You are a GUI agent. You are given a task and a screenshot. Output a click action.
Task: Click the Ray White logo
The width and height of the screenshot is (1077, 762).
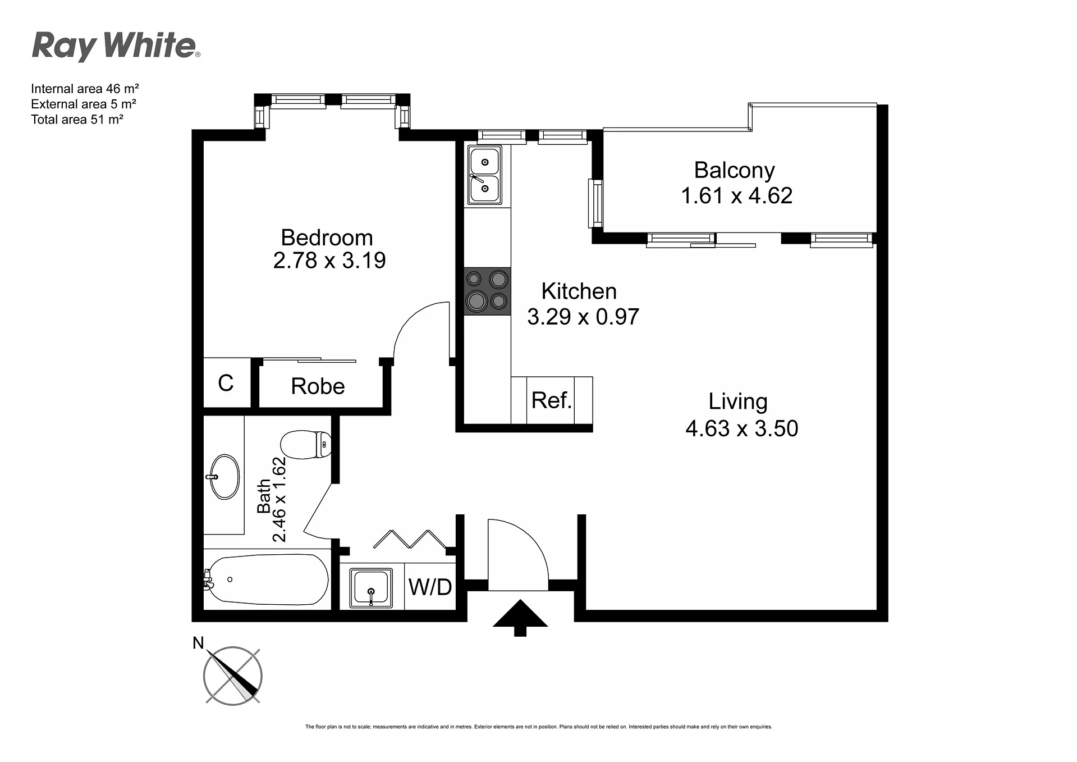(116, 46)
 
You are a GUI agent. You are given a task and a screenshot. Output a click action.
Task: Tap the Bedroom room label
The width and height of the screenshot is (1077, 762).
(327, 238)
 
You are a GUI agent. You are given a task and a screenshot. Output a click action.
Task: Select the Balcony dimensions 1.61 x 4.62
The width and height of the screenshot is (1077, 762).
(736, 195)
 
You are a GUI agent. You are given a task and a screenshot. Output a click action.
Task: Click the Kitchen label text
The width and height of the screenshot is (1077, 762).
(579, 291)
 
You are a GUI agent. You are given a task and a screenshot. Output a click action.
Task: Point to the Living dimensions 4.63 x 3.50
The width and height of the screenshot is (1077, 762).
(741, 428)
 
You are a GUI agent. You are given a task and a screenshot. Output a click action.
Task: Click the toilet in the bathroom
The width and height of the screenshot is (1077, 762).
(306, 444)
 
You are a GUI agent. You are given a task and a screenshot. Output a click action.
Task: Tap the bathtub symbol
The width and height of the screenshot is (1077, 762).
(266, 580)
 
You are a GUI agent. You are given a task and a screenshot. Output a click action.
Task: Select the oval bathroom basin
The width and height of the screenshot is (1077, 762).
(224, 477)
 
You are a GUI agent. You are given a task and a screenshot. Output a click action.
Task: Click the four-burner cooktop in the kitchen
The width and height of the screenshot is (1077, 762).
(487, 291)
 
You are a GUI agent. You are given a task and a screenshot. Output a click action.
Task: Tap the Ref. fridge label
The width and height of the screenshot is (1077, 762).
(551, 400)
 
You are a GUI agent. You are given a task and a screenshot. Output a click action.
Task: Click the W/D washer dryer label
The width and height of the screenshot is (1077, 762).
(430, 587)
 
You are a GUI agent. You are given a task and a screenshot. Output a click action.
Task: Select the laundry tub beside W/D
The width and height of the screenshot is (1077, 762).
(371, 588)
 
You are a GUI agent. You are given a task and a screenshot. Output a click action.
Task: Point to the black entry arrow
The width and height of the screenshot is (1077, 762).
(520, 617)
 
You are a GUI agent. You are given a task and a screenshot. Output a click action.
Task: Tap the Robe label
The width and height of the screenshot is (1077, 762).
(318, 386)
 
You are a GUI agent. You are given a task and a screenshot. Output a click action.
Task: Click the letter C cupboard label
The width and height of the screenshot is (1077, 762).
(226, 383)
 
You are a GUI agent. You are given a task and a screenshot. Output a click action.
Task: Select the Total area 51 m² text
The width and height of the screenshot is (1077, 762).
(77, 119)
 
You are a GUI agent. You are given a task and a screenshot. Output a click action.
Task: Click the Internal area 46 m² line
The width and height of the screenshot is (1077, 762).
(85, 89)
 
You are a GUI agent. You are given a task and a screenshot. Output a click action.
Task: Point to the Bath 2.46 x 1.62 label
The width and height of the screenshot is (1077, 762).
(272, 500)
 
